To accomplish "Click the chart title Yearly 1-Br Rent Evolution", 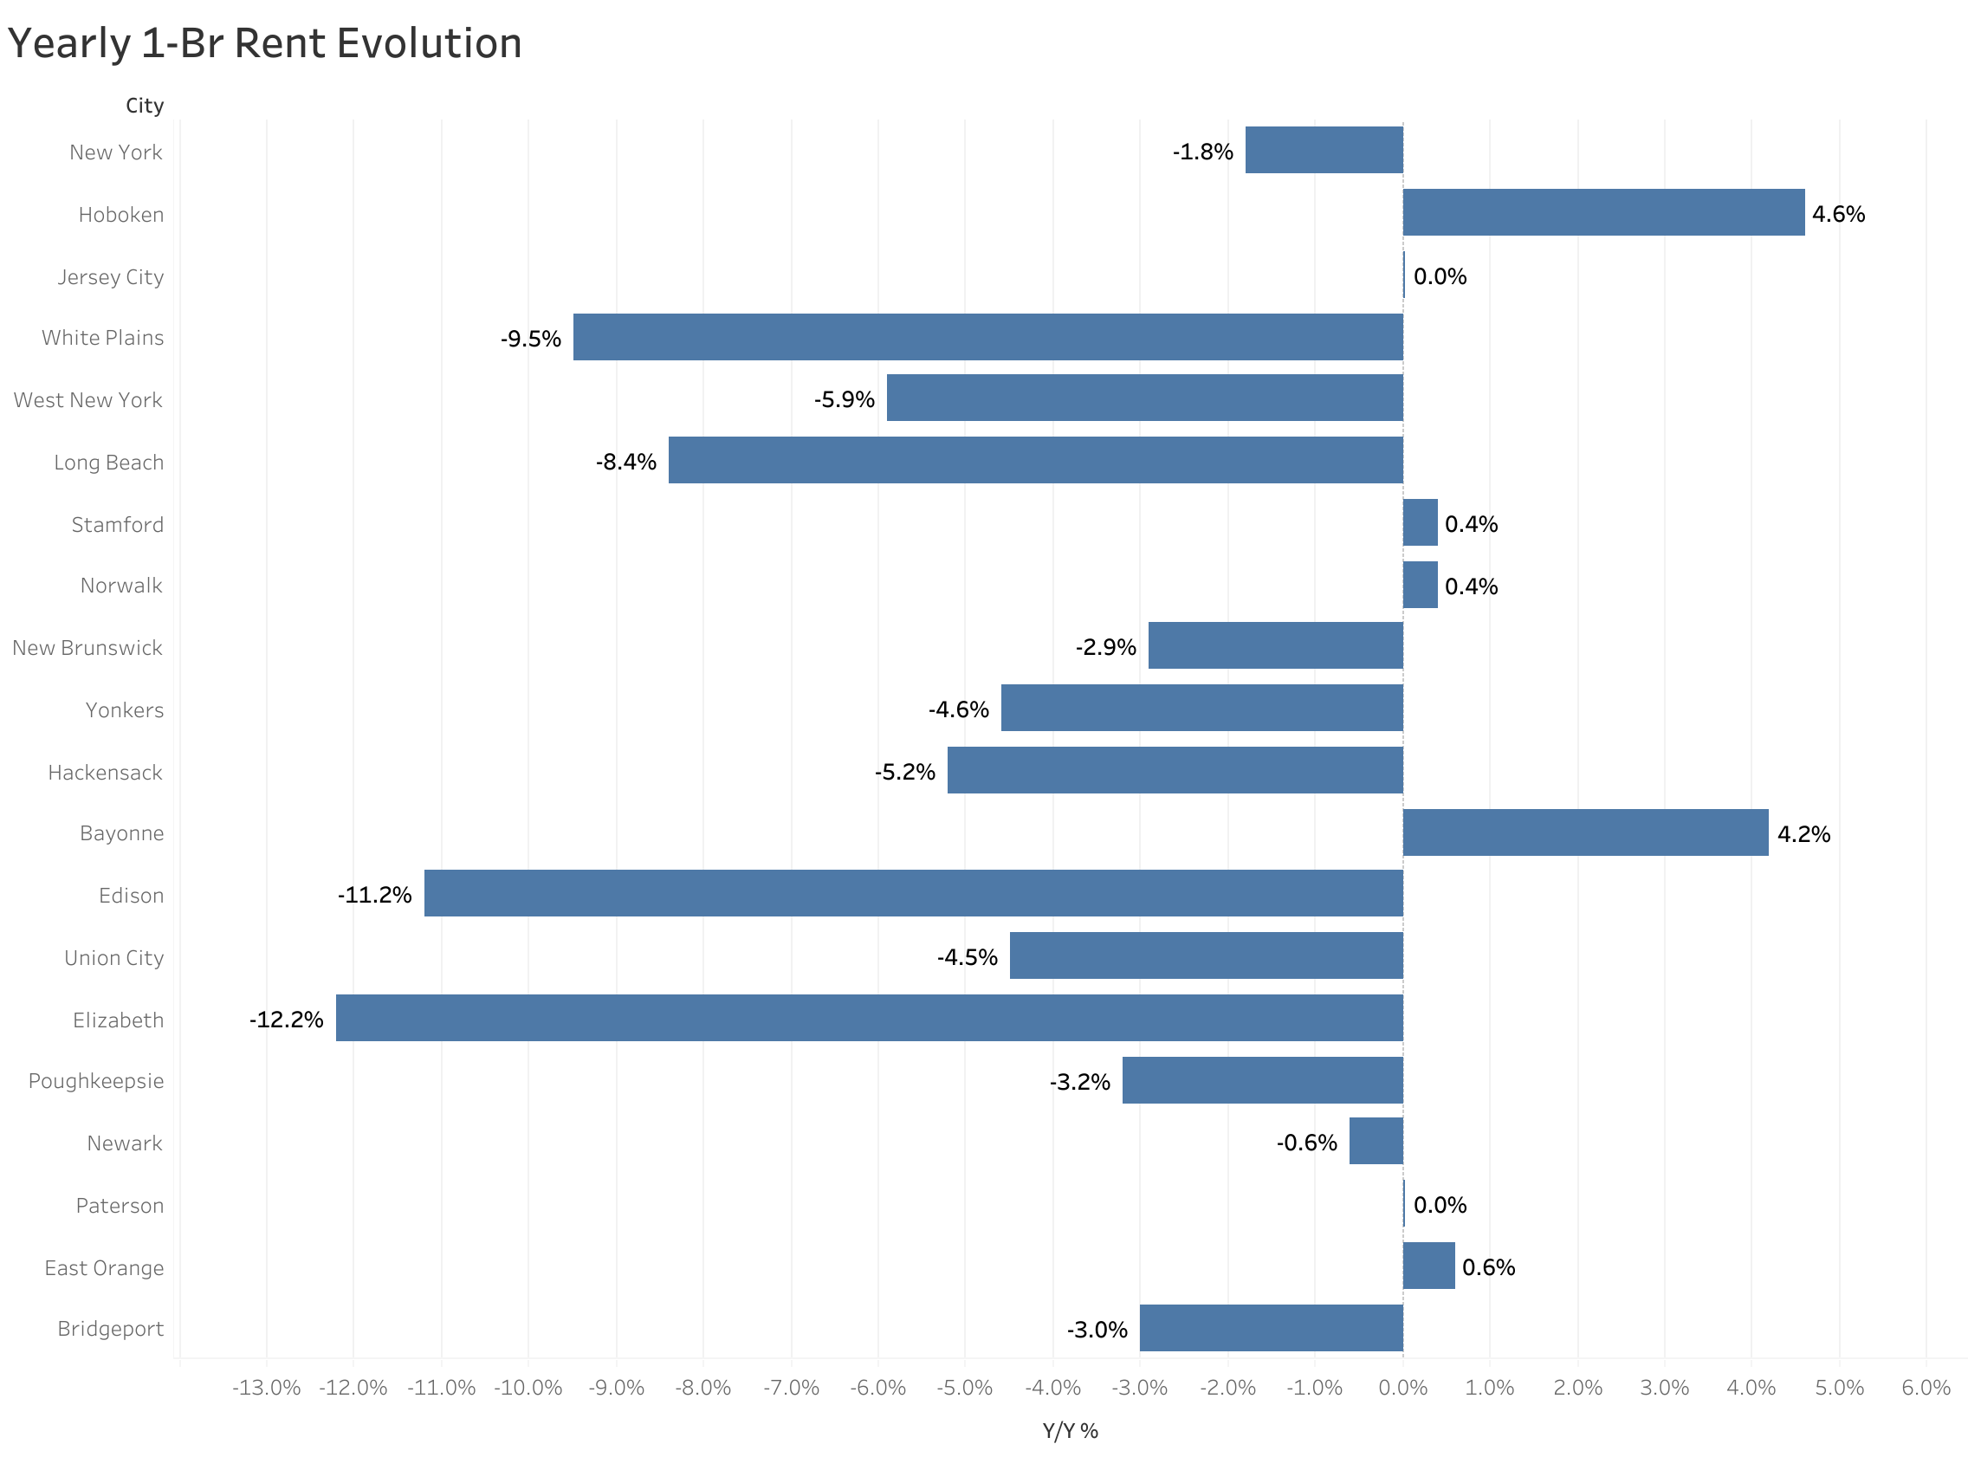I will [264, 44].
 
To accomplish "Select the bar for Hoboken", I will [1603, 212].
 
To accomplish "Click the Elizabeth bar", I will [869, 1018].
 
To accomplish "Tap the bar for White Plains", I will [987, 337].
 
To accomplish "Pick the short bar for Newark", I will [1376, 1141].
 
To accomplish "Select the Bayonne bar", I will [1585, 832].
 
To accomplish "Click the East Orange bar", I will [1428, 1266].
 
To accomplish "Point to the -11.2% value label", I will [375, 895].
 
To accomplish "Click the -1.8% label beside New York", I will [1202, 152].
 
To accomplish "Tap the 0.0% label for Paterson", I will [1440, 1205].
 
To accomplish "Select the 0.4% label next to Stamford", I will [1471, 524].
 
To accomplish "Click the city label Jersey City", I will [111, 277].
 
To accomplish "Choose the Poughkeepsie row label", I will [96, 1081].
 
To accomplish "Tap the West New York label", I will [88, 400].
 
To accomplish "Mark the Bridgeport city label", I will [111, 1329].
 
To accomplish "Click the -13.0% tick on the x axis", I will [266, 1389].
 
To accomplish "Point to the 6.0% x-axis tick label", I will [1926, 1389].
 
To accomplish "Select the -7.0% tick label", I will [791, 1389].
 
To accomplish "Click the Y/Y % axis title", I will [1071, 1431].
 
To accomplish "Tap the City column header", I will [145, 106].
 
